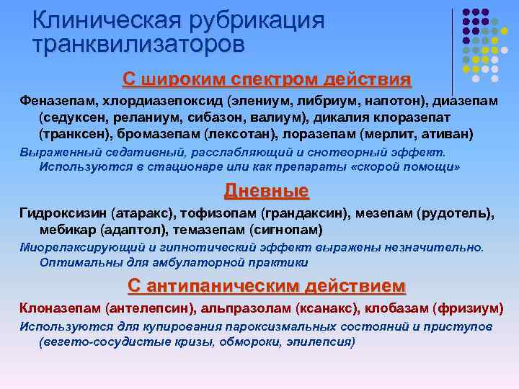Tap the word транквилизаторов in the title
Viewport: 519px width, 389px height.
[x=138, y=45]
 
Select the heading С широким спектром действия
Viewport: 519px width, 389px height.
[x=267, y=79]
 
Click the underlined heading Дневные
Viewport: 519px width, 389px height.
[x=266, y=191]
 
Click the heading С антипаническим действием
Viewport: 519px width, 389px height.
[x=267, y=286]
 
